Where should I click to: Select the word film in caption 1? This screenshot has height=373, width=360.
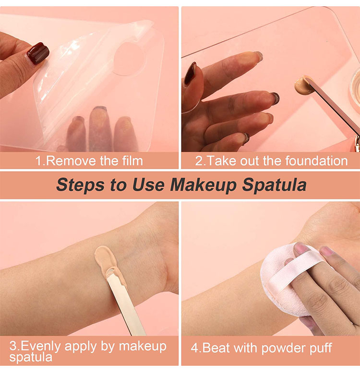(130, 160)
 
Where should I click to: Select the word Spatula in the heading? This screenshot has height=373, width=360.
(278, 184)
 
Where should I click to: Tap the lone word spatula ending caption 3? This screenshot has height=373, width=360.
(31, 358)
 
